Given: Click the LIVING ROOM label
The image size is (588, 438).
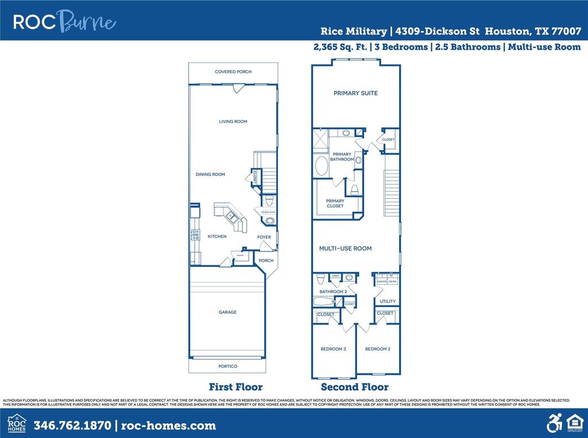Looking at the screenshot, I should click(x=233, y=122).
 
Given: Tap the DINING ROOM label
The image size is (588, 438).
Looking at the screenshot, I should click(x=210, y=175).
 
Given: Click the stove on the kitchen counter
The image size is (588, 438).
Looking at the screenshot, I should click(x=195, y=234).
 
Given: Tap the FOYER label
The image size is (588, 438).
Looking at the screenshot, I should click(x=264, y=237).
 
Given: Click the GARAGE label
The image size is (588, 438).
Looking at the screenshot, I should click(x=227, y=312).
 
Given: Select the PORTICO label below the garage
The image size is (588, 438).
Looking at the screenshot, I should click(x=228, y=366).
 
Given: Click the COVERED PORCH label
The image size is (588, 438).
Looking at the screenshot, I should click(x=233, y=72).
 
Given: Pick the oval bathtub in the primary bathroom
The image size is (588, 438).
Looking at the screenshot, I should click(x=321, y=166).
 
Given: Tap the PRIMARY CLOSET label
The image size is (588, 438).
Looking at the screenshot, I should click(x=335, y=203).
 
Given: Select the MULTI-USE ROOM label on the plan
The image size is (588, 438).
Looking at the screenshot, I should click(x=345, y=249).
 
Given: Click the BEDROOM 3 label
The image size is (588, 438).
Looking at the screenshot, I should click(x=333, y=348).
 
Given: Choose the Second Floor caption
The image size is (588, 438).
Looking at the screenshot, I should click(x=354, y=387).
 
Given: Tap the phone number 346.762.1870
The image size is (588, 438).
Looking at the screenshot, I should click(x=73, y=425).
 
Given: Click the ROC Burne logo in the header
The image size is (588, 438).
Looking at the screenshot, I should click(x=64, y=22).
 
